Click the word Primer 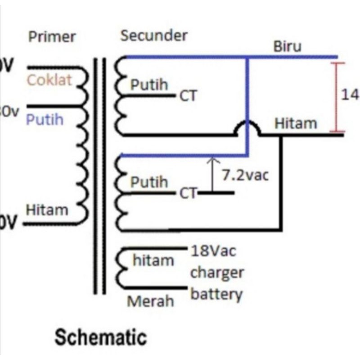pos(52,36)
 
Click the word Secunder pos(154,36)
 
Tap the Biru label pos(287,47)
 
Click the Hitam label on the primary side pos(47,210)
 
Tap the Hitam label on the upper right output pos(296,123)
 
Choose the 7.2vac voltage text pos(245,175)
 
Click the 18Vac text pos(214,251)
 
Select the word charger pos(217,273)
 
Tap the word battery pos(217,295)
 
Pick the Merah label pos(150,301)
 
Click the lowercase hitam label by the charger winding pos(153,260)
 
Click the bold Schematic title pos(100,337)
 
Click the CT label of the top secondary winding pos(189,96)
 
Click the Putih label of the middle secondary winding pos(149,182)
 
